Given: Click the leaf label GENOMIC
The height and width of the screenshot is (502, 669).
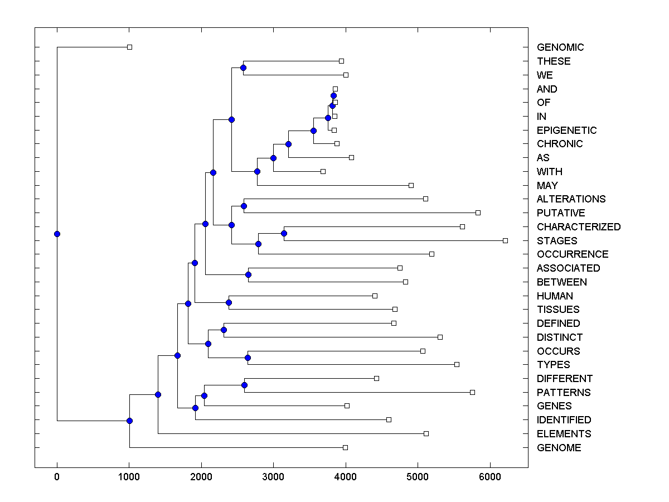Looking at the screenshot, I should point(560,47).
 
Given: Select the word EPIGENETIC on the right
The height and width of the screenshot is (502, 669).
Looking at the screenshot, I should point(566,131).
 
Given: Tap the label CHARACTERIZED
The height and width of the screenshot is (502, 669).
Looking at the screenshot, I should point(578,227).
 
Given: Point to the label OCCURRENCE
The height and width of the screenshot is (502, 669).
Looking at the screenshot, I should point(573,254).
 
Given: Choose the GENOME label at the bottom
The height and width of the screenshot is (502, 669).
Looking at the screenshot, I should point(559,448).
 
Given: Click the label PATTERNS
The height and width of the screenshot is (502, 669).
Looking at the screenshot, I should point(564,393).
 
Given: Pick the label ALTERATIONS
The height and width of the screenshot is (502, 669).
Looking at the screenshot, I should point(571,199).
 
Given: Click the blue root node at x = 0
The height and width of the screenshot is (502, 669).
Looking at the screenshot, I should point(57,234).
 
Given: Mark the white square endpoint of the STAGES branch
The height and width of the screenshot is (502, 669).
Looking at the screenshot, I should point(505,240).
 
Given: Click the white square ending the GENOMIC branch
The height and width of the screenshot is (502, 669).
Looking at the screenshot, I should point(129,47).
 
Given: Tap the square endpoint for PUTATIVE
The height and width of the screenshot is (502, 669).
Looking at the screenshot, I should point(478,213).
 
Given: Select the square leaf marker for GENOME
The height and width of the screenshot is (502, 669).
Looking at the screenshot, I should point(345,447).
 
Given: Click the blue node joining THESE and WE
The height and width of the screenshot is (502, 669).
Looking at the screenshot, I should point(243,67).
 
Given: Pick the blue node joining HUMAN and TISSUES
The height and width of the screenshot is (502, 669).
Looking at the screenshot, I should point(229,302).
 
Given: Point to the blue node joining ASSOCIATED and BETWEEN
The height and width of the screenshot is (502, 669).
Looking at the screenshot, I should point(248,274).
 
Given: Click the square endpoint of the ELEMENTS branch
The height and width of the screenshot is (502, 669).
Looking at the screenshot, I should point(426,433).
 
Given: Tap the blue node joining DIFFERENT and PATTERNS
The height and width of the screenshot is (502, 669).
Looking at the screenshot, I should point(244,385).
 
